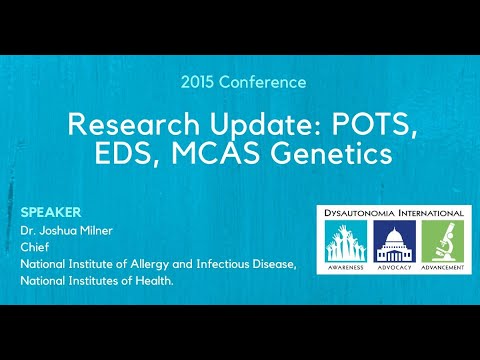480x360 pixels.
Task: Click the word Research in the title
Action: coord(127,125)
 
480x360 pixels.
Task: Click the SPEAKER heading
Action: coord(50,213)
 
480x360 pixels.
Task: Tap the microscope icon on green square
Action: coord(440,243)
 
